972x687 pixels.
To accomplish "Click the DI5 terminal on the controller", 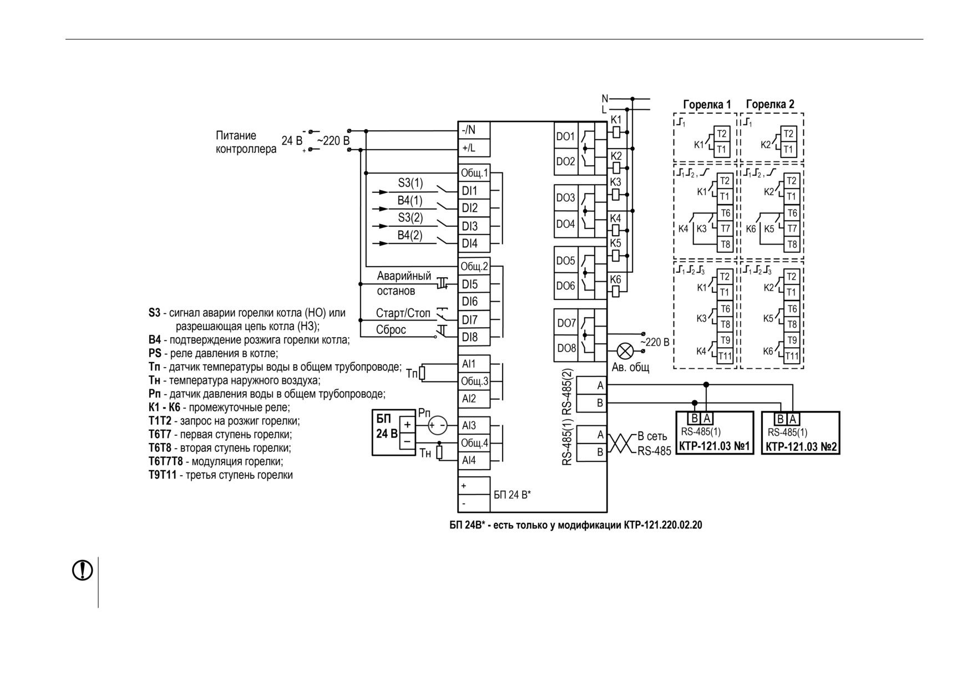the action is tap(474, 284).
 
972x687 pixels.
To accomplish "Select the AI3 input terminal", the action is tap(474, 425).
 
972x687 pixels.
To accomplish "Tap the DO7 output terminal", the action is tap(566, 323).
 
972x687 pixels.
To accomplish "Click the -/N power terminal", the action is tap(474, 130).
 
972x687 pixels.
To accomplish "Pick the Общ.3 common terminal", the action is tap(474, 381).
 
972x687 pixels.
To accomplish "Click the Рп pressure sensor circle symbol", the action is tap(438, 425).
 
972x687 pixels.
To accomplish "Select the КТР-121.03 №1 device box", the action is tap(715, 432).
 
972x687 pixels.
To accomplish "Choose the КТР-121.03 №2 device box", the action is tap(801, 432).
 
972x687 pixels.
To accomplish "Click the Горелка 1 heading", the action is tap(707, 104).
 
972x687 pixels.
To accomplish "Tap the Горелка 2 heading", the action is tap(770, 104).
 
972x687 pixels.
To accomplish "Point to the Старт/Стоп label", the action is tap(403, 313).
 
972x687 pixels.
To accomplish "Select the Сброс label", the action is tap(391, 330).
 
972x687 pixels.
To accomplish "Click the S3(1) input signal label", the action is tap(410, 183).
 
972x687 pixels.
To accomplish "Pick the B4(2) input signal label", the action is tap(410, 235).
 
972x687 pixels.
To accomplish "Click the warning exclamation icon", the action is tap(83, 570).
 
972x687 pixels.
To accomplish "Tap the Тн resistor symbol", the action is tap(439, 452).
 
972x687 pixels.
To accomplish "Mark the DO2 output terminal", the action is tap(566, 162).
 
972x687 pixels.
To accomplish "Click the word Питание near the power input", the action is tap(236, 136).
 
